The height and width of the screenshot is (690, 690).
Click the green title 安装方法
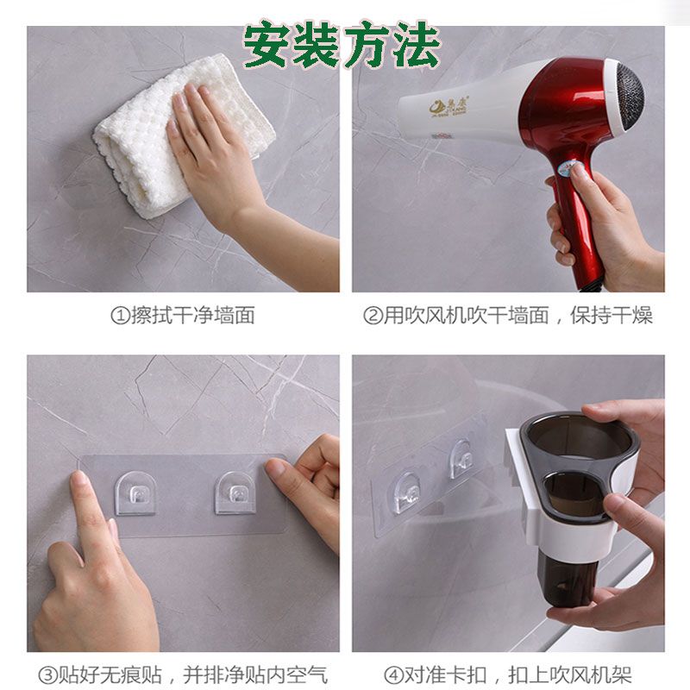pyautogui.click(x=342, y=46)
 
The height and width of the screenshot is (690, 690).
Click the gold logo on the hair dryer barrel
pyautogui.click(x=449, y=106)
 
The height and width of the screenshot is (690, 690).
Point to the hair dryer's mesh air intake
pyautogui.click(x=630, y=97)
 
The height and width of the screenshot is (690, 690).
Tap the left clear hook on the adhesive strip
pyautogui.click(x=135, y=493)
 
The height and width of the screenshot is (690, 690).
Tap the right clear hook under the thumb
pyautogui.click(x=235, y=493)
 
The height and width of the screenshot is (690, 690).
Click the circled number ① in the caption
pyautogui.click(x=120, y=316)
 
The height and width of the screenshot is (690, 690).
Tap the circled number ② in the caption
pyautogui.click(x=373, y=316)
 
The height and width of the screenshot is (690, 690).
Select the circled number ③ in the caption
pyautogui.click(x=47, y=675)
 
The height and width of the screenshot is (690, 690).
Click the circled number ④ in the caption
pyautogui.click(x=394, y=675)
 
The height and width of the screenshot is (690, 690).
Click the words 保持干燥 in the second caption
pyautogui.click(x=612, y=316)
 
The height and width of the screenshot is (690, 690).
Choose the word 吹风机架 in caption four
pyautogui.click(x=591, y=675)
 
